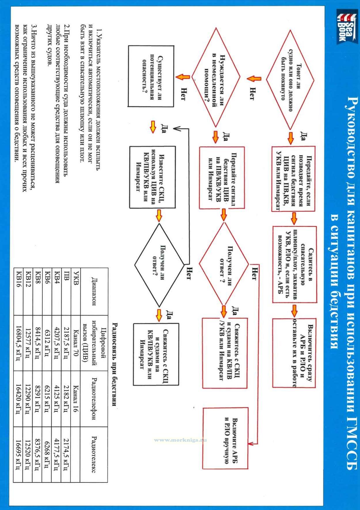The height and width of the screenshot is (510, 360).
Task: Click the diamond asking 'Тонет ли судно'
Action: pos(290,78)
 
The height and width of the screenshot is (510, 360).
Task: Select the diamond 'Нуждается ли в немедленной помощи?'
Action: pos(216,77)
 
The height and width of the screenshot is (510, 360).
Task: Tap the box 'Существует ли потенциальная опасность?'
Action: pos(151,76)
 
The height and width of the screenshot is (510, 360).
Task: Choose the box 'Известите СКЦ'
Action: pos(152,177)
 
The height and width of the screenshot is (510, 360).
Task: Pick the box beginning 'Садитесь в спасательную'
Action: pos(295,264)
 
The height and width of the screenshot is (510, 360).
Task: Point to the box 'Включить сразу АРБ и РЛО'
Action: pos(294,353)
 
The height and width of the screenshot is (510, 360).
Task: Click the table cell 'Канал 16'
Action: pos(75,399)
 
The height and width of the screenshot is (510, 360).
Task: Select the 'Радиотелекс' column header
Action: pos(94,454)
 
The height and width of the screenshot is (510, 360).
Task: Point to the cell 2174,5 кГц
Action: pos(66,454)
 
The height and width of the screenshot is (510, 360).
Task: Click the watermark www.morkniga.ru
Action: pos(181,440)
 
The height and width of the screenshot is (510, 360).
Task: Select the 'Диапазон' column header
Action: pos(94,291)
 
